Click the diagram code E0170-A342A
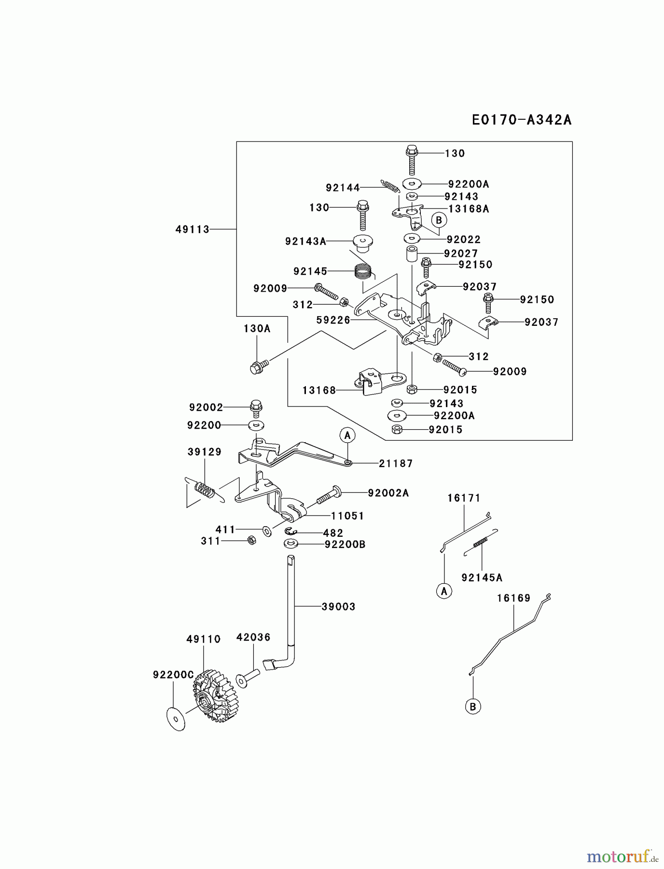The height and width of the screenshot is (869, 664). (x=522, y=120)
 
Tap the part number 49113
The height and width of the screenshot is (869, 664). (x=193, y=229)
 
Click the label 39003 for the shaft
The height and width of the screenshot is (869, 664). (x=338, y=607)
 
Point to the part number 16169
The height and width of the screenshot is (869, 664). (x=514, y=598)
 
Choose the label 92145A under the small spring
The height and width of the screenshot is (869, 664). (x=482, y=577)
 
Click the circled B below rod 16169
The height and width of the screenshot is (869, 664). (x=473, y=707)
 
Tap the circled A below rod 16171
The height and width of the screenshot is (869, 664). (x=444, y=590)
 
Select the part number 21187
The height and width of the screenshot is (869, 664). (x=396, y=463)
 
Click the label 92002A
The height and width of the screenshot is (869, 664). (x=388, y=493)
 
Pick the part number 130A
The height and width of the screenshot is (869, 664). (x=257, y=329)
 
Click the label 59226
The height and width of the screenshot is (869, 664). (x=333, y=320)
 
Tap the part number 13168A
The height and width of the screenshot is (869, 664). (x=469, y=209)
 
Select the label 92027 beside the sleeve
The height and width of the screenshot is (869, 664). (x=461, y=253)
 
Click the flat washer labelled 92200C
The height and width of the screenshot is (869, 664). (x=176, y=718)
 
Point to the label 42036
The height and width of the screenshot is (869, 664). (x=253, y=637)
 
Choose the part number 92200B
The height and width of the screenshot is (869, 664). (x=345, y=545)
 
